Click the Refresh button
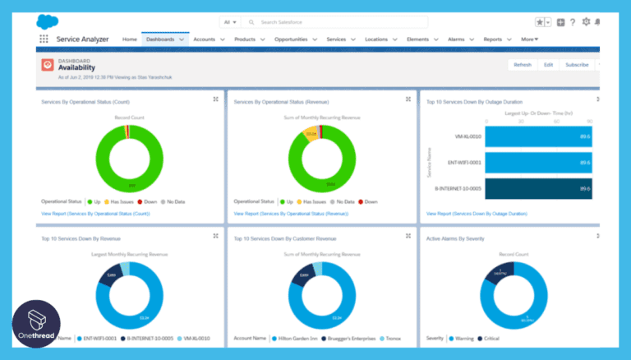point(523,64)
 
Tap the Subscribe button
point(577,64)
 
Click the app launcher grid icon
point(44,39)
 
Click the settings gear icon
point(586,22)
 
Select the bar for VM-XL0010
point(538,136)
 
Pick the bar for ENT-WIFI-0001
point(538,163)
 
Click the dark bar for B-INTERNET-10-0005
point(538,189)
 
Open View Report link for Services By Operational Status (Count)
point(95,213)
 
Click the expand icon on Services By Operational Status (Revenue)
point(408,99)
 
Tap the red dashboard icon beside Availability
point(48,65)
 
